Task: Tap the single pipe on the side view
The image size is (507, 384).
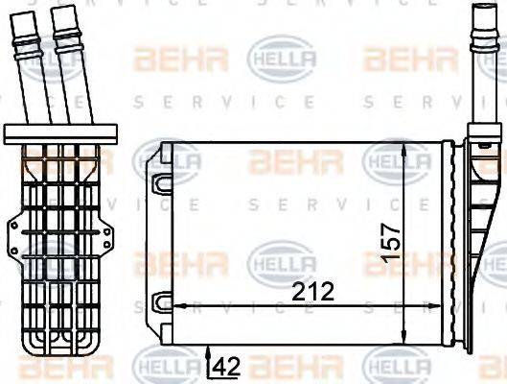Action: tap(480, 67)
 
